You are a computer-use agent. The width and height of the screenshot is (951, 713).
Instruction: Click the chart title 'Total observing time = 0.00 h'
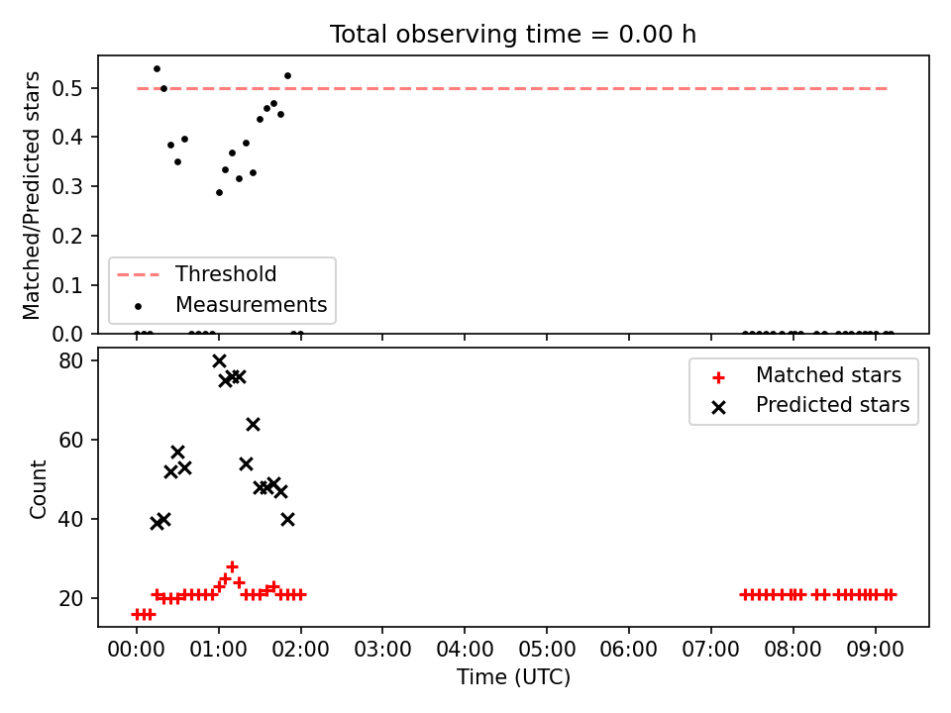click(x=512, y=35)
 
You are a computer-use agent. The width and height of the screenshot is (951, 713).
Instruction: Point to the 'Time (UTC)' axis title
click(x=513, y=676)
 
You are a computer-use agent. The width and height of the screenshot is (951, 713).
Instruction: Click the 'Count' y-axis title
click(x=38, y=489)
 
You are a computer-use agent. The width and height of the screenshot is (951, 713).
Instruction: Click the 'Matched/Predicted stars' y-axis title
click(x=31, y=195)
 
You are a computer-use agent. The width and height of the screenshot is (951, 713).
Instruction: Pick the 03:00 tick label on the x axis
click(x=382, y=650)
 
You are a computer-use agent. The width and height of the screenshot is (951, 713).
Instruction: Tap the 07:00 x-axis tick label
click(x=711, y=650)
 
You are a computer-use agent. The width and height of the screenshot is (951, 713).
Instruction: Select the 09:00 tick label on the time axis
click(x=875, y=650)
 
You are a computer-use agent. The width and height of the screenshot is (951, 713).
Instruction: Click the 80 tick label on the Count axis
click(x=71, y=360)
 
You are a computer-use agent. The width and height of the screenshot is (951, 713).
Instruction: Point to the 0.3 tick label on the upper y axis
click(x=67, y=186)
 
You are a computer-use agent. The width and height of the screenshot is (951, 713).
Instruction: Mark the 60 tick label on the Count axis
click(x=71, y=440)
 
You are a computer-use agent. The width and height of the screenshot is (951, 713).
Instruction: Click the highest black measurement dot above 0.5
click(x=157, y=69)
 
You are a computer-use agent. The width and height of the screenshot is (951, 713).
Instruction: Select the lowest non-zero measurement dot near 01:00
click(x=219, y=193)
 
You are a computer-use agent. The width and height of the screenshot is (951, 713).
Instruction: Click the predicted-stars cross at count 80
click(x=219, y=361)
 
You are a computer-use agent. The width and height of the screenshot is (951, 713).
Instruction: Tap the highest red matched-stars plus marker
click(x=232, y=566)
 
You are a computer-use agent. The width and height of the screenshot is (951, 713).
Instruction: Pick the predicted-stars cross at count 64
click(x=253, y=425)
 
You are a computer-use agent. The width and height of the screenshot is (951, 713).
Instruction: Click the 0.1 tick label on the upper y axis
click(x=67, y=285)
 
